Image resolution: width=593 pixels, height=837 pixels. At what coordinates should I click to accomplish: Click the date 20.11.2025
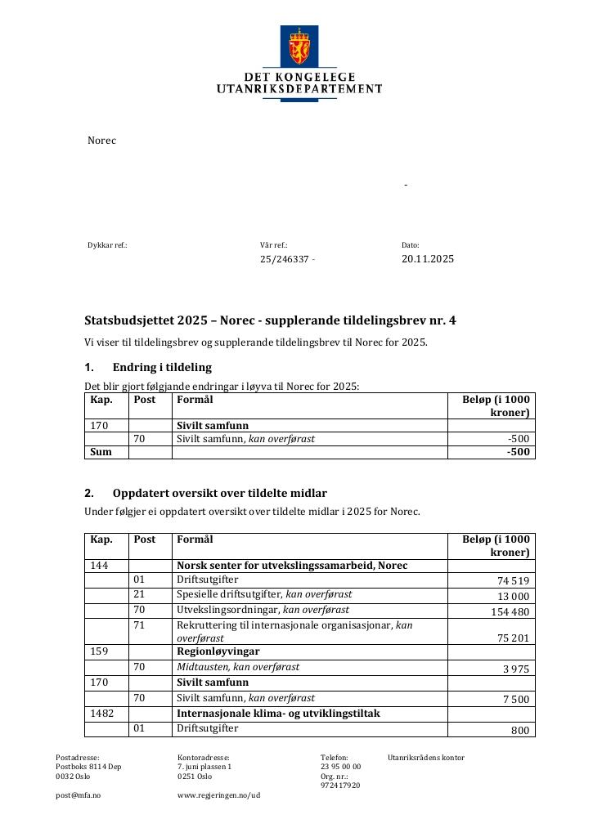point(427,259)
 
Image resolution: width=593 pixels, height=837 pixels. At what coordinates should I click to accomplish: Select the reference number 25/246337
point(285,259)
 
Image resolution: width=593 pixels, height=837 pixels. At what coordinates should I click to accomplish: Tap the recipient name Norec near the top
point(101,141)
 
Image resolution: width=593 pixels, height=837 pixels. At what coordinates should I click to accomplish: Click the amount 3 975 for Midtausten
point(516,669)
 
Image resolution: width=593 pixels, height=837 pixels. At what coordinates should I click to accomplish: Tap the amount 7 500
point(516,699)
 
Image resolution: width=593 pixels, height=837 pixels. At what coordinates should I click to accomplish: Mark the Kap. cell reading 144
point(98,566)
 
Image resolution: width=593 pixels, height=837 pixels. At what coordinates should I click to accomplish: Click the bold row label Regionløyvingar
point(218,652)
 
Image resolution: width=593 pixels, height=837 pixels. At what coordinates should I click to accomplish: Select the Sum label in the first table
point(100,452)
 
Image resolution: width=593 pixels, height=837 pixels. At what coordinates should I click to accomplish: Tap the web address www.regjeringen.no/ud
point(218,794)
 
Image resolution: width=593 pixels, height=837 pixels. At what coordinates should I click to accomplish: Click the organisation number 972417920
point(339,786)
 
